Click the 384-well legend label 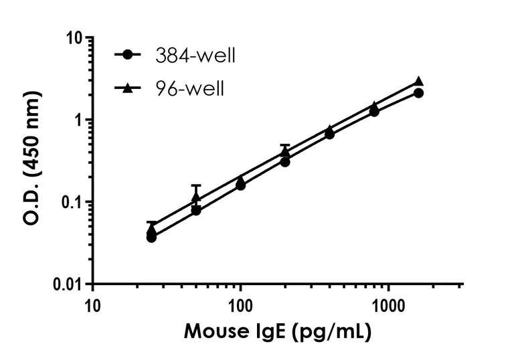[195, 56]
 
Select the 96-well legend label [187, 88]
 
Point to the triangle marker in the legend [126, 88]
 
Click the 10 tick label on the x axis [93, 306]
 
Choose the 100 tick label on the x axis [240, 306]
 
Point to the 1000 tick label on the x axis [388, 306]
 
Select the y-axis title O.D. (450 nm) [32, 161]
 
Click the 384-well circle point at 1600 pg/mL [418, 93]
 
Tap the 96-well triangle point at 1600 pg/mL [418, 82]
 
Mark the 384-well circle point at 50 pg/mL [196, 210]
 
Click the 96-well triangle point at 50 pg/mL [196, 198]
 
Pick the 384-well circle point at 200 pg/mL [285, 161]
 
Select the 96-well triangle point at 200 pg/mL [285, 152]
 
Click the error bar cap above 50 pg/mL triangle [196, 185]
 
